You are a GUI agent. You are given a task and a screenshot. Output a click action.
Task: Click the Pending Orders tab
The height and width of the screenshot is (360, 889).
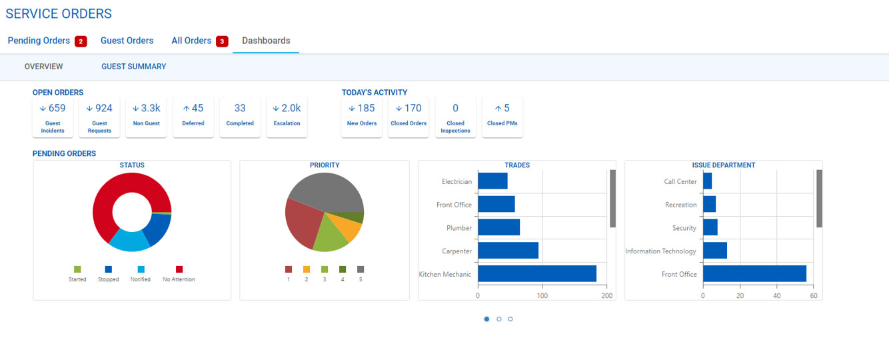pyautogui.click(x=39, y=41)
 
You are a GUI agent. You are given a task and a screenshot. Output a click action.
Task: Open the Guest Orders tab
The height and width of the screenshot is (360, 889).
pyautogui.click(x=127, y=41)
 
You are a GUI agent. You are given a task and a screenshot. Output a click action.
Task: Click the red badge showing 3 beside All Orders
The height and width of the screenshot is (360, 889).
pyautogui.click(x=222, y=41)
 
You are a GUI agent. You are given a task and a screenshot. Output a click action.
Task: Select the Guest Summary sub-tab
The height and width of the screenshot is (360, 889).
pyautogui.click(x=133, y=67)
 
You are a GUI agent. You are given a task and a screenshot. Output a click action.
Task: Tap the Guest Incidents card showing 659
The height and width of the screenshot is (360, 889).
pyautogui.click(x=53, y=117)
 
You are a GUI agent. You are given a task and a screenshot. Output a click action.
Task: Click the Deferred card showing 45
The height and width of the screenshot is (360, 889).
pyautogui.click(x=193, y=117)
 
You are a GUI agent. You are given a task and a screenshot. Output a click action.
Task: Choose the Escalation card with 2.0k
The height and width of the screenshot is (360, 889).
pyautogui.click(x=287, y=117)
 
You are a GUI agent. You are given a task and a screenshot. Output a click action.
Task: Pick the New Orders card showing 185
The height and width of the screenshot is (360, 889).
pyautogui.click(x=362, y=117)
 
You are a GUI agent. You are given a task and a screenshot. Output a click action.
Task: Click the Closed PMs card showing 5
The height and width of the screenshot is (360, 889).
pyautogui.click(x=502, y=117)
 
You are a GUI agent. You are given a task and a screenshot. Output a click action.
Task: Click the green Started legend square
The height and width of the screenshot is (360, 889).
pyautogui.click(x=77, y=269)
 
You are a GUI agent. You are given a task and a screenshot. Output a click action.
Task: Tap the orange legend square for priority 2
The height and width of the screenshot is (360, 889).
pyautogui.click(x=307, y=269)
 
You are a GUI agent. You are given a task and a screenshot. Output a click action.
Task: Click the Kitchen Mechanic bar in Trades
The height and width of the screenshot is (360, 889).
pyautogui.click(x=536, y=274)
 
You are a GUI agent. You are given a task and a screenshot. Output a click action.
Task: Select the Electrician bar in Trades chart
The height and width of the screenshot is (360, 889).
pyautogui.click(x=492, y=181)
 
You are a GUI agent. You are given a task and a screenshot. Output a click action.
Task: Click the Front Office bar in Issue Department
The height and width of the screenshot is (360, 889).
pyautogui.click(x=754, y=274)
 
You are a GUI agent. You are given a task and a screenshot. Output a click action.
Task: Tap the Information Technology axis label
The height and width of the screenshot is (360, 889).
pyautogui.click(x=660, y=251)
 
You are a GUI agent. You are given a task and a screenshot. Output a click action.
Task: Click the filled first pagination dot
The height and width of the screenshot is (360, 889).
pyautogui.click(x=486, y=319)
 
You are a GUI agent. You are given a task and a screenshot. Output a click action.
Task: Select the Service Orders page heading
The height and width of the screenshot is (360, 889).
pyautogui.click(x=59, y=13)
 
